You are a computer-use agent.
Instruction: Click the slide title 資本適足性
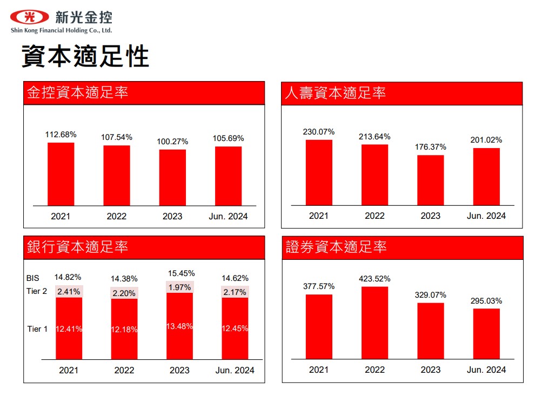click(85, 56)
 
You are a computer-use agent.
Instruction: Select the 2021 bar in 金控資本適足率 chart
click(61, 174)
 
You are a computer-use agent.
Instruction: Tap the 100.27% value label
click(173, 142)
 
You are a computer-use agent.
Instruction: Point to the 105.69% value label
click(229, 138)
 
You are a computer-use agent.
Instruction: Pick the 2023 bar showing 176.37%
click(431, 180)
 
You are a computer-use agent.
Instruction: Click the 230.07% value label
click(319, 131)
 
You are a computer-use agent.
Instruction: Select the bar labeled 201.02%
click(486, 177)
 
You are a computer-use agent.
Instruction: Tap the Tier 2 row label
click(37, 291)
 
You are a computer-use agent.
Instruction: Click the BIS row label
click(33, 278)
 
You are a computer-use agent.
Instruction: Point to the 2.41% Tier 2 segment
click(69, 292)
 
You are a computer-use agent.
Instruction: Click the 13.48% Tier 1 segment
click(180, 326)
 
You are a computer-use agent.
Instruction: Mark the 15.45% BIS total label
click(181, 273)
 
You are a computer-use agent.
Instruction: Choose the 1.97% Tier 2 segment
click(180, 287)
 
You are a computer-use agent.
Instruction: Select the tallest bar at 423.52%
click(375, 323)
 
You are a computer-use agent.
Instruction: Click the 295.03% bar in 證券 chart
click(486, 333)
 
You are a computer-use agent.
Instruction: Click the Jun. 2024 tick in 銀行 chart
click(235, 370)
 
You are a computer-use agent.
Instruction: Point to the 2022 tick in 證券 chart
click(374, 370)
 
